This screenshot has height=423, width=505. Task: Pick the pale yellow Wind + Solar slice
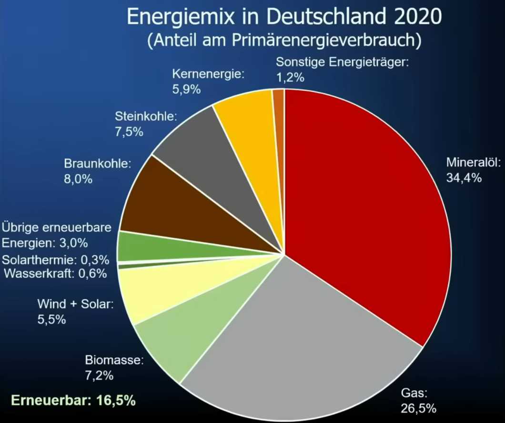pyautogui.click(x=152, y=291)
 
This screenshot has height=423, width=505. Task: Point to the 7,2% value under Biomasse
pyautogui.click(x=99, y=375)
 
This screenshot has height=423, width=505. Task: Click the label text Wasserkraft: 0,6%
pyautogui.click(x=55, y=273)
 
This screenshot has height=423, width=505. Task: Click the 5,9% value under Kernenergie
pyautogui.click(x=186, y=89)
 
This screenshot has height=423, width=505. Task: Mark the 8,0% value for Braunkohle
pyautogui.click(x=78, y=180)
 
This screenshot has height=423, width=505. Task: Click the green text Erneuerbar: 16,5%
pyautogui.click(x=73, y=400)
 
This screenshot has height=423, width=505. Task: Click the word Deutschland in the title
pyautogui.click(x=319, y=18)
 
